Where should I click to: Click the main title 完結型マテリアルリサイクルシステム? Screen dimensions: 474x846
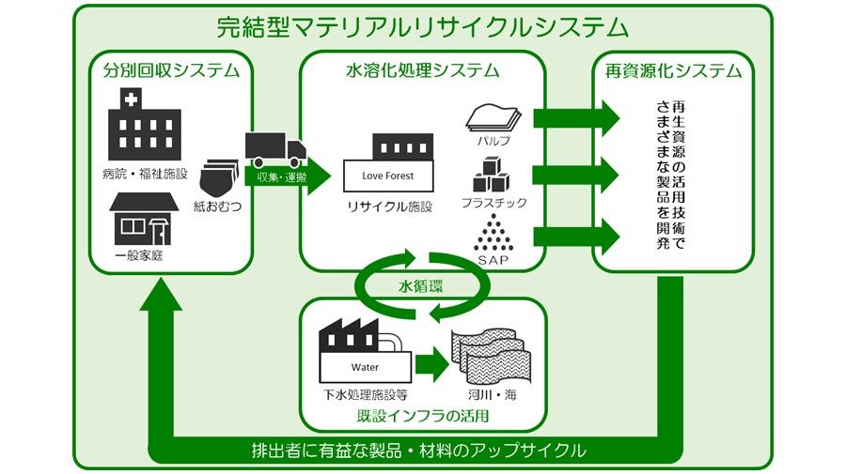[422, 26]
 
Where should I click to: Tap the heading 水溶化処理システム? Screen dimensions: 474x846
[422, 70]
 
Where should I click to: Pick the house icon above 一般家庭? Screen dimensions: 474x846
[143, 219]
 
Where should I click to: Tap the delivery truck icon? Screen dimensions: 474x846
[274, 147]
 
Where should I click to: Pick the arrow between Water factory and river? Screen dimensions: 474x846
[431, 364]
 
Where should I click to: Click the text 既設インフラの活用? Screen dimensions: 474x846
[422, 414]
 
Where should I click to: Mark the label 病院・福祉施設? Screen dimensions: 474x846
[145, 174]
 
